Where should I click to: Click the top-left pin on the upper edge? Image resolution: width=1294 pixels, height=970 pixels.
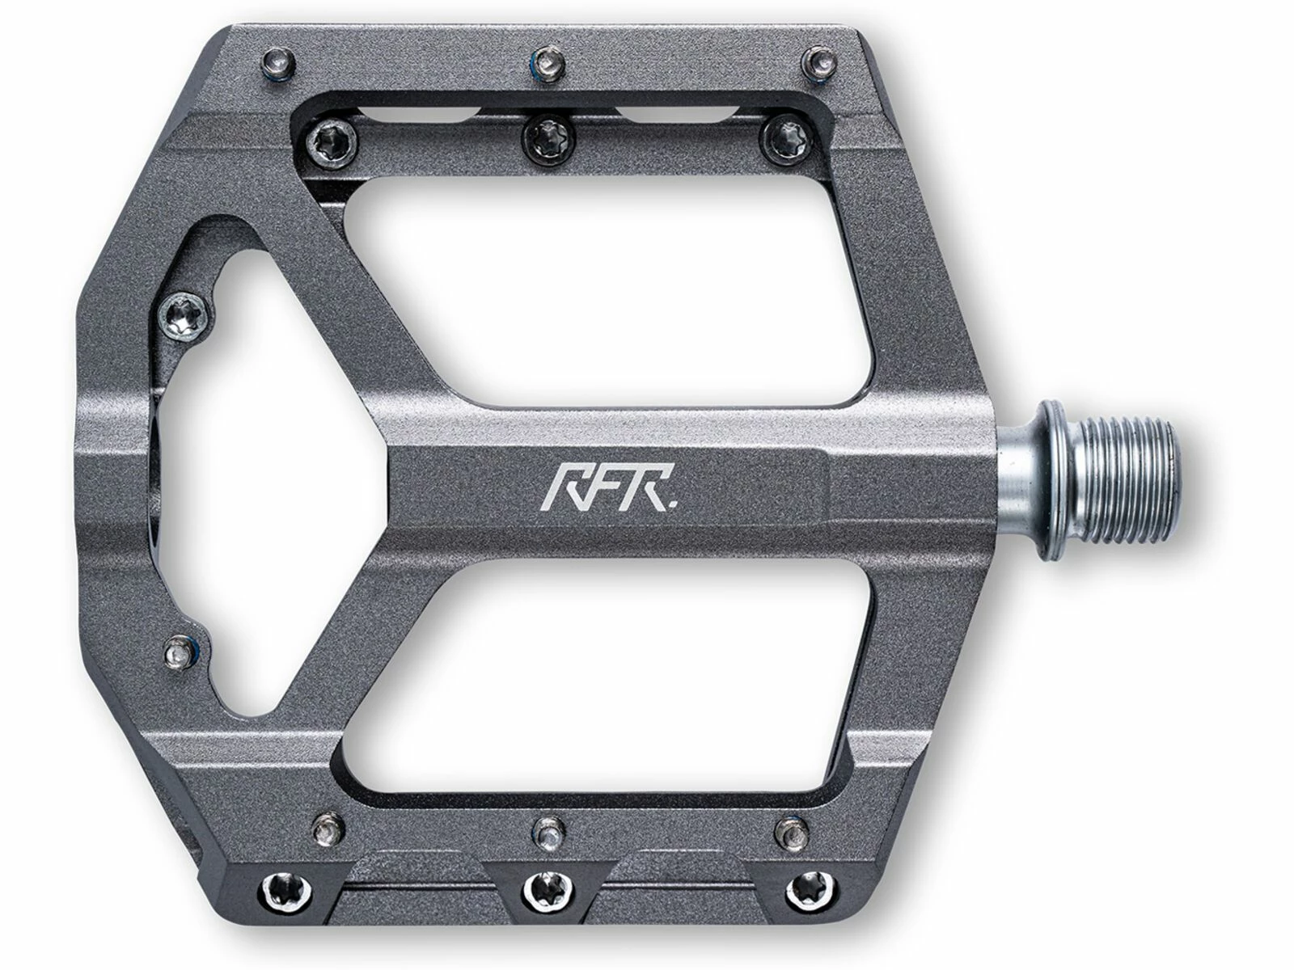point(278,61)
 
